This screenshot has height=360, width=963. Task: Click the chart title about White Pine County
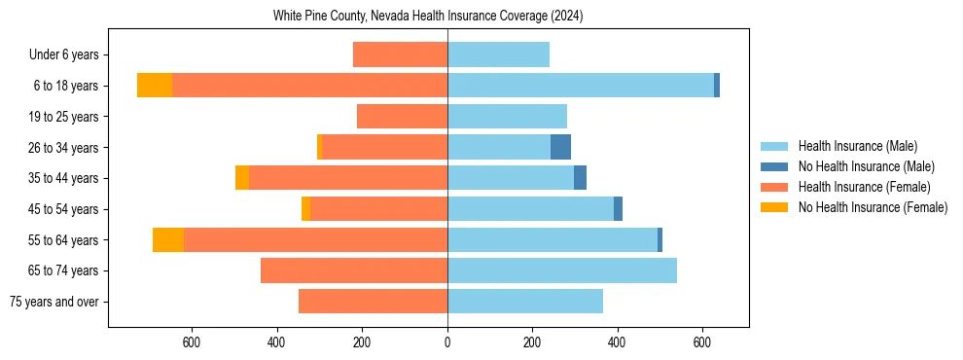click(x=428, y=17)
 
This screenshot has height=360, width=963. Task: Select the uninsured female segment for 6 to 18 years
click(x=155, y=86)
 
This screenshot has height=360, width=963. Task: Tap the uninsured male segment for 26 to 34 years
click(x=560, y=147)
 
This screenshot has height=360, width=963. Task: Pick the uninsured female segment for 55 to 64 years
click(x=168, y=239)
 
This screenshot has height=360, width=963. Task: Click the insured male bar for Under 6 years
click(x=498, y=54)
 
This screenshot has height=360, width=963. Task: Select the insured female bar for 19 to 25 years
click(x=402, y=117)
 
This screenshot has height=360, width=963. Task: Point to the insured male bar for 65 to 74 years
click(x=562, y=270)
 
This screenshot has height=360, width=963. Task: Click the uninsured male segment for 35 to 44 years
click(x=580, y=178)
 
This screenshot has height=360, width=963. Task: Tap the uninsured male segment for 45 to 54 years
click(x=618, y=209)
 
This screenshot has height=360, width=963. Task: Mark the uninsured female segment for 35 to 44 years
click(x=242, y=178)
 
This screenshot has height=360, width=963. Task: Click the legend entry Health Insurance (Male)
click(x=857, y=146)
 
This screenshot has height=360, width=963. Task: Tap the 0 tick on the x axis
click(x=447, y=342)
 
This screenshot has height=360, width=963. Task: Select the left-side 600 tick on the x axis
click(x=192, y=342)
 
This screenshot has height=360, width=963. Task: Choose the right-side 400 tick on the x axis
click(x=618, y=342)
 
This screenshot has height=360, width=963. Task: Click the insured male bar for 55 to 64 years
click(x=553, y=239)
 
